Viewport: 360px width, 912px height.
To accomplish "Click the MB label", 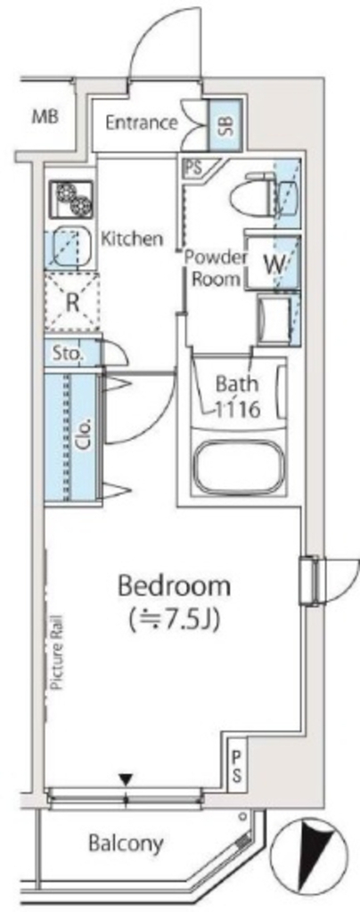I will [45, 117].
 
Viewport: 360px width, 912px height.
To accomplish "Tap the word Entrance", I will [142, 123].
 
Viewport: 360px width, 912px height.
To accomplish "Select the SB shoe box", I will [221, 123].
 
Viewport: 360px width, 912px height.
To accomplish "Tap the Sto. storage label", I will [68, 354].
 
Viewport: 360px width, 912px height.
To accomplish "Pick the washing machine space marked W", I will [274, 264].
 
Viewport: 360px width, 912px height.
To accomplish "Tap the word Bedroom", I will [175, 586].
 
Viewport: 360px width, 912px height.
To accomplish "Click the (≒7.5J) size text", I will [175, 616].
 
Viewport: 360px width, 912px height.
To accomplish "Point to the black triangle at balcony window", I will [126, 780].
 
